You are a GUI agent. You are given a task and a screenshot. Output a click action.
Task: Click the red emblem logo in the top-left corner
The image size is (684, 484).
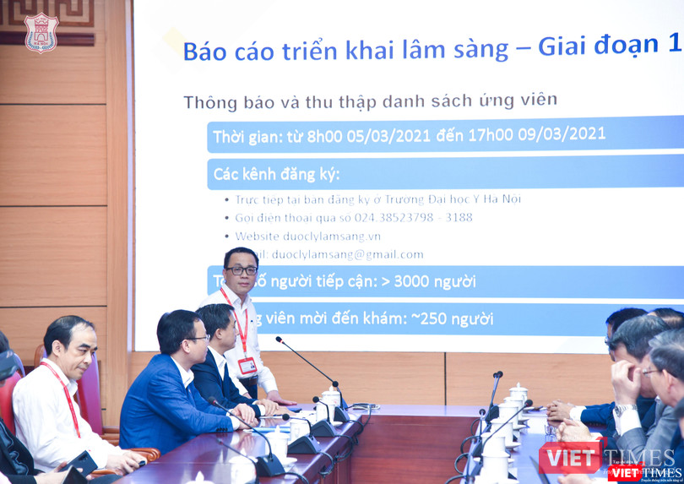(x=41, y=32)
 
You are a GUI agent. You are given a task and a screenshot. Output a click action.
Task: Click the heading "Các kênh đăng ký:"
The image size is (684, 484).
(x=276, y=174)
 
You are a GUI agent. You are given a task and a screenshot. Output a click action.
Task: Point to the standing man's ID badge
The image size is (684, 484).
(x=247, y=366)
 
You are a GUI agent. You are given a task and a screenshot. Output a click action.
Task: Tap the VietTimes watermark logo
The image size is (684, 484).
(x=608, y=460)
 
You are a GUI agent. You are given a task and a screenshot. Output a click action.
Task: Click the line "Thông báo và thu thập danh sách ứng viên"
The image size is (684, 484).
(x=370, y=101)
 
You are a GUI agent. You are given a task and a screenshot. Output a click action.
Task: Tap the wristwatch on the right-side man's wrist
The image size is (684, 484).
(x=624, y=410)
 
